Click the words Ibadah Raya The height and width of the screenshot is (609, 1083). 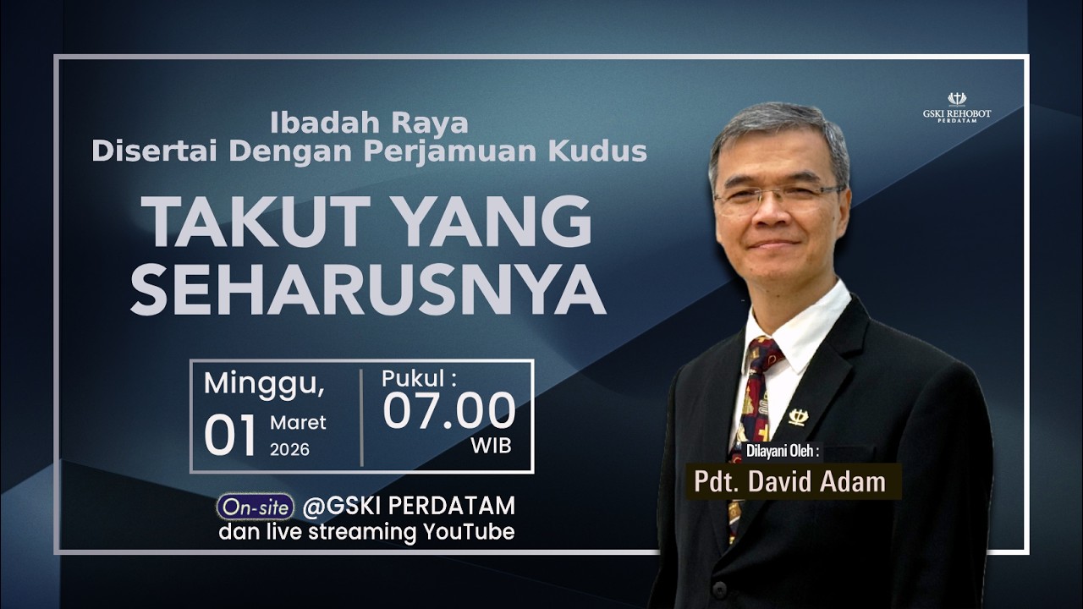(369, 123)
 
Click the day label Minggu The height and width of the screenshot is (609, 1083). (263, 383)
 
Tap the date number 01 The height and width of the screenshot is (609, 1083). (230, 436)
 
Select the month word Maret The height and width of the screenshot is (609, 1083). (298, 422)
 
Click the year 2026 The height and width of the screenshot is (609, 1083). (289, 450)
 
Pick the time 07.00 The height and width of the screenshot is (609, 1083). (448, 412)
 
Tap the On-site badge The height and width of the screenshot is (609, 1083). (255, 507)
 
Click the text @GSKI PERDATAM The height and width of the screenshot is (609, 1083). (409, 506)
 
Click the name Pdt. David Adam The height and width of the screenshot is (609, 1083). (789, 481)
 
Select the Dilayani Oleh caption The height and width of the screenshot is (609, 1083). (783, 451)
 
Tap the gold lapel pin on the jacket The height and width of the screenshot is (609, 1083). (799, 417)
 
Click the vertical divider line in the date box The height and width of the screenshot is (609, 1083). (362, 417)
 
